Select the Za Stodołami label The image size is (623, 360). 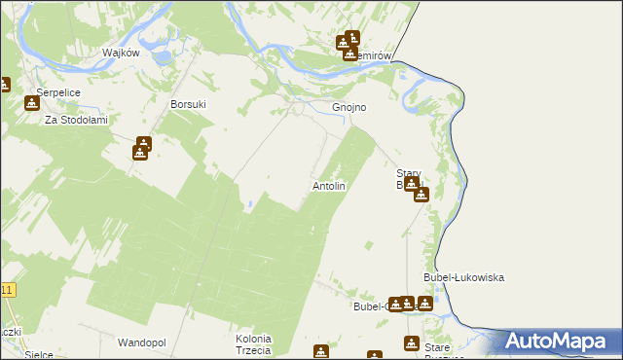(75, 120)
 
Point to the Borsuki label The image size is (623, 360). (189, 103)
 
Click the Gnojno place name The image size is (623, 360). (348, 107)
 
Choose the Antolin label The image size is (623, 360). (328, 185)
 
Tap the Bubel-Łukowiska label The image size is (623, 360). (463, 277)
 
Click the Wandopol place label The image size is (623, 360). (142, 342)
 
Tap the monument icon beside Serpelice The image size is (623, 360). (33, 102)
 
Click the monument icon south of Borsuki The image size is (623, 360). (141, 149)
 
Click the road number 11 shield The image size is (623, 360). (8, 290)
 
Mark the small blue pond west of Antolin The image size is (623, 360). (250, 204)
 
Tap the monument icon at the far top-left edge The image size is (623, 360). (3, 86)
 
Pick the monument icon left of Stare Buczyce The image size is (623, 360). (411, 343)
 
